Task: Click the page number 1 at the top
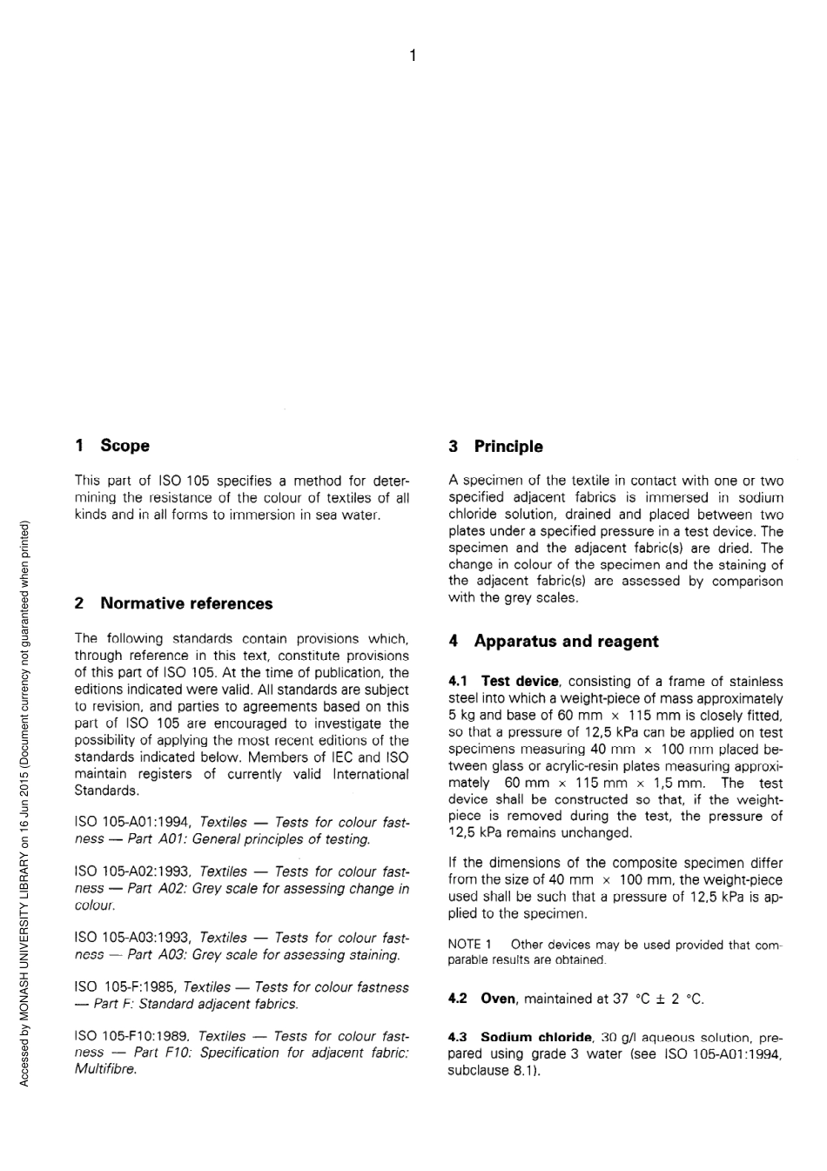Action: tap(413, 57)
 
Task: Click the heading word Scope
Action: tap(124, 446)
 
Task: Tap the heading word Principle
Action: tap(508, 447)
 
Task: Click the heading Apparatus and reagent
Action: tap(566, 642)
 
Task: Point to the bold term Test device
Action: tap(520, 682)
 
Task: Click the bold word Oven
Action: tap(498, 999)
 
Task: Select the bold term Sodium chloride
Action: tap(535, 1037)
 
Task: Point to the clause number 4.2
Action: tap(458, 999)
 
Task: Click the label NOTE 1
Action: tap(470, 945)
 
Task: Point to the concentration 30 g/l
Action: tap(618, 1038)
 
